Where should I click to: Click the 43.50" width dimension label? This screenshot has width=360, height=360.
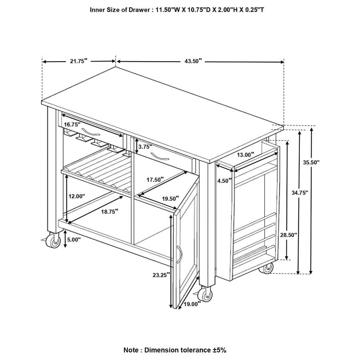[193, 61]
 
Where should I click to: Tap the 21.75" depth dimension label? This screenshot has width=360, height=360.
[79, 61]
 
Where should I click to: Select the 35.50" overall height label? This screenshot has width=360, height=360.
[311, 162]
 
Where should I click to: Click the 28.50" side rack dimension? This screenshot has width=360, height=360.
[288, 235]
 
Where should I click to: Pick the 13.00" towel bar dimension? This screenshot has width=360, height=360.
[246, 155]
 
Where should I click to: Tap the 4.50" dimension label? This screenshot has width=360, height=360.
[224, 181]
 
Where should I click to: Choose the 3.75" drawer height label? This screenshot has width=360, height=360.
[145, 147]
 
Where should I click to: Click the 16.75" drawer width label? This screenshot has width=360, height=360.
[72, 124]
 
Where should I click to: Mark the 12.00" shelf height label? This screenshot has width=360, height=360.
[77, 196]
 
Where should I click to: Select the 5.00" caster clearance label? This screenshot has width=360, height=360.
[74, 240]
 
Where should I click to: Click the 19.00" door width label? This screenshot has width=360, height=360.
[192, 304]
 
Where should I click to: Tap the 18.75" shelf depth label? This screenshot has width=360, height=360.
[110, 212]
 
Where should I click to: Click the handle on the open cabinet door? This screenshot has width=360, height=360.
[179, 254]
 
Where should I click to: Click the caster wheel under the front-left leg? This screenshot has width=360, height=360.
[53, 241]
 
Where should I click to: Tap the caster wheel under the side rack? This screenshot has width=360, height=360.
[268, 268]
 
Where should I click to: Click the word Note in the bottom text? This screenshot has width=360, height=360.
[131, 350]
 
